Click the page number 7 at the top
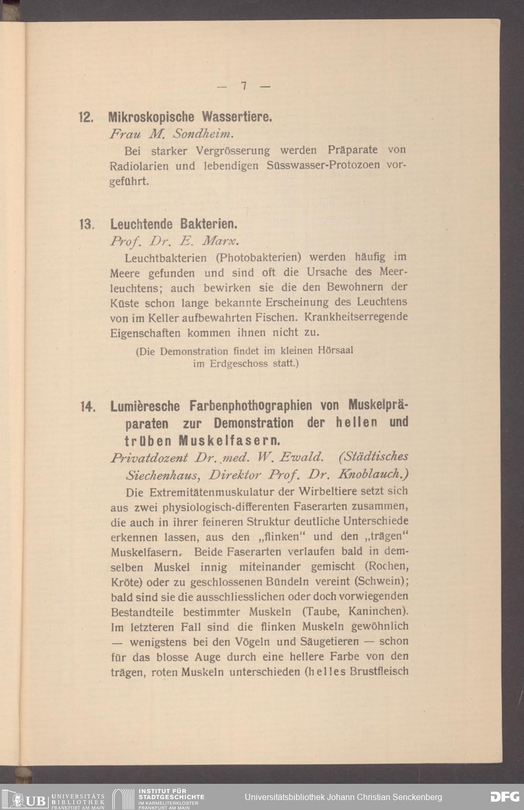coord(244,86)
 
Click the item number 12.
coord(85,117)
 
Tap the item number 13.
coord(86,224)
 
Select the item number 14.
coord(86,407)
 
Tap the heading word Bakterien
coord(209,224)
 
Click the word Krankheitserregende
coord(356,317)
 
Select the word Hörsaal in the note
coord(335,350)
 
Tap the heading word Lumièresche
coord(145,406)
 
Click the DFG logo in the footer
coord(505,797)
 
